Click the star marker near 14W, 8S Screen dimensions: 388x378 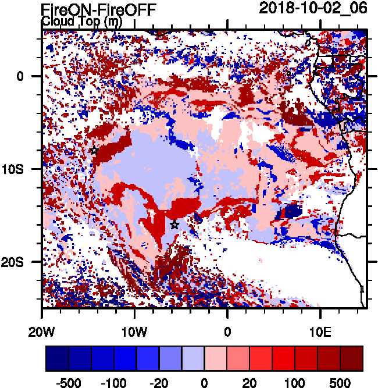[x=94, y=150]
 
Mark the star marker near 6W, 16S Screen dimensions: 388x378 [x=174, y=225]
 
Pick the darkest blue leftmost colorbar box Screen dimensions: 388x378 [x=58, y=359]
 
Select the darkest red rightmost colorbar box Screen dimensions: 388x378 [x=351, y=359]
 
